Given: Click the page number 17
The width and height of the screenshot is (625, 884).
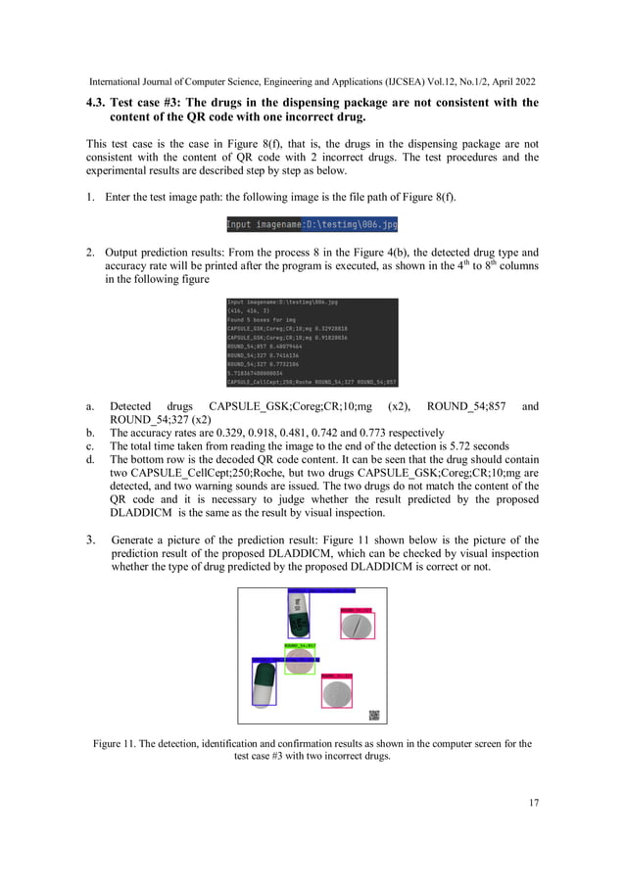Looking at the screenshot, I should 533,804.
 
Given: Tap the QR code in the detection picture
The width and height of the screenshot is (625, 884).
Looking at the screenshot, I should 373,715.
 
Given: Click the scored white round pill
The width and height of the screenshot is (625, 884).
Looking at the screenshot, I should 358,626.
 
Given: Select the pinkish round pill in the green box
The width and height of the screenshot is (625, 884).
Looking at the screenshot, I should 299,662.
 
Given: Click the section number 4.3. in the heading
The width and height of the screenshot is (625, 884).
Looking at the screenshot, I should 96,103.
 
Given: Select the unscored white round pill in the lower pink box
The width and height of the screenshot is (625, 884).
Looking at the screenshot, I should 337,694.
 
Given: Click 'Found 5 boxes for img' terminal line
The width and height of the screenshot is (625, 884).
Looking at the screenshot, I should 263,320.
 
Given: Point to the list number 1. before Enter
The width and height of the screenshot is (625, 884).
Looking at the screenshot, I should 91,197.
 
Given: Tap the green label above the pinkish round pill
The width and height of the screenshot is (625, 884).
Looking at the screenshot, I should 299,646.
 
